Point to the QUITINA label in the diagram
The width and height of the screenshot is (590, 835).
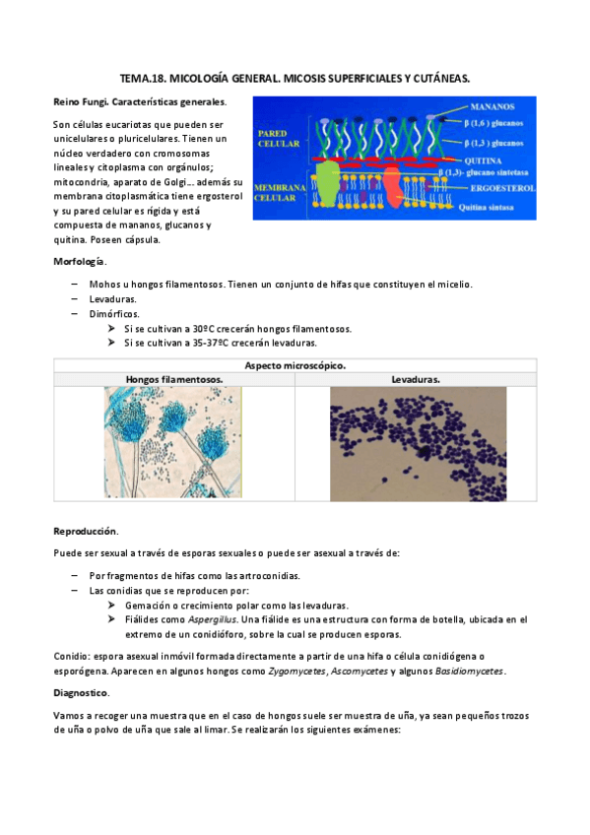489,160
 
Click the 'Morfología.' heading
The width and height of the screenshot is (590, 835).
80,261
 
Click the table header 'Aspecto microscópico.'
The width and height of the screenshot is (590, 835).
295,365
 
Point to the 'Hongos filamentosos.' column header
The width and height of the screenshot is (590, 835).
173,379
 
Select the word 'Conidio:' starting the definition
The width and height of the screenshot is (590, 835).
73,656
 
